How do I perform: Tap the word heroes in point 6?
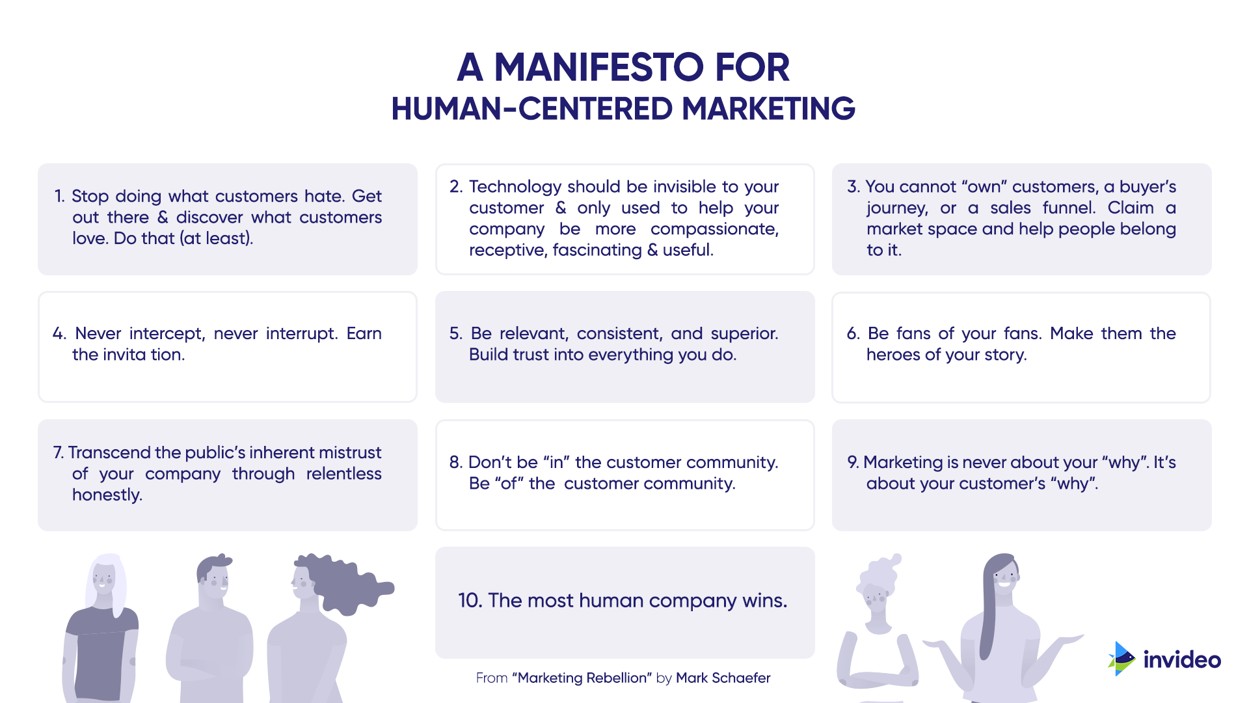[x=893, y=355]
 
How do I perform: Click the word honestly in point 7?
[x=107, y=495]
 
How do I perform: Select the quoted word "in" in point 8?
[x=556, y=462]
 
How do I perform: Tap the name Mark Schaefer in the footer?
[x=723, y=678]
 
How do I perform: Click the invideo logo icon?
[x=1121, y=659]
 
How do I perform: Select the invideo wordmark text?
[x=1182, y=660]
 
